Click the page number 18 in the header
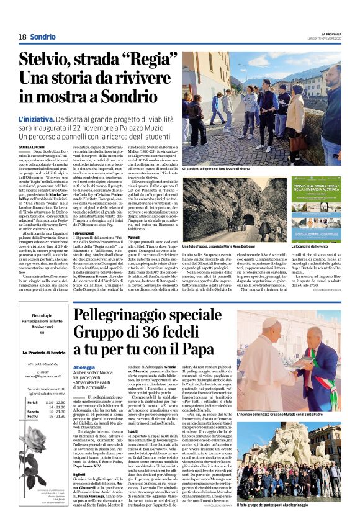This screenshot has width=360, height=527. coord(22,37)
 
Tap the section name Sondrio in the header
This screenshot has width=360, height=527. coord(43,37)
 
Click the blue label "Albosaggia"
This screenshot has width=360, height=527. coord(84,367)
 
